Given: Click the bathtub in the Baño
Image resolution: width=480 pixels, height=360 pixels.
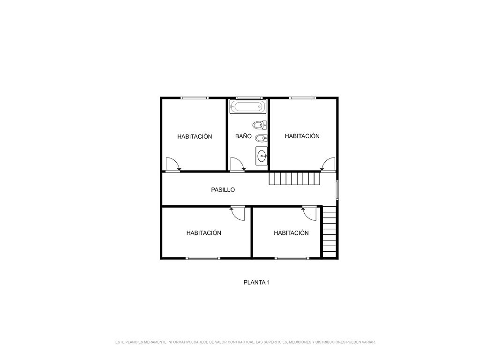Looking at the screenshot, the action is (248, 107).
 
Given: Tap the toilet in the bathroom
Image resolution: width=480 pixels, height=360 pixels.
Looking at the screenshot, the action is (260, 125).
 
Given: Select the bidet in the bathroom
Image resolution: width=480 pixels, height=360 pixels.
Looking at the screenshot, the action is (261, 138).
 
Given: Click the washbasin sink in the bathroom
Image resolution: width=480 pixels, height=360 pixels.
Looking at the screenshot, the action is (262, 156).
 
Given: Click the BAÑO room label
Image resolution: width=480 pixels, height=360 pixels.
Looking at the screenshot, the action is (243, 136).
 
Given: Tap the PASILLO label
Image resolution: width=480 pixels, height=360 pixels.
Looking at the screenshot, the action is (223, 190).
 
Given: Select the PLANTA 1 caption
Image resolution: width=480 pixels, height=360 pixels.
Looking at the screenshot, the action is (256, 283).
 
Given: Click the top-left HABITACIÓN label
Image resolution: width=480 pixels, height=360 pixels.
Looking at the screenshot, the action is (195, 136).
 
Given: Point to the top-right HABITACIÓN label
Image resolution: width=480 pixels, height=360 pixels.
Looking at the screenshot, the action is (302, 136).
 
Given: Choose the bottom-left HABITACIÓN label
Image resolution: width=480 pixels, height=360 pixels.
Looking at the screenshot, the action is (203, 233).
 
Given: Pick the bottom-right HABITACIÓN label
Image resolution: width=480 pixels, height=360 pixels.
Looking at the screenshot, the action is (291, 233).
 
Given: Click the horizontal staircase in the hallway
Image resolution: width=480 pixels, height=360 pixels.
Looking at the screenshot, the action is (294, 179).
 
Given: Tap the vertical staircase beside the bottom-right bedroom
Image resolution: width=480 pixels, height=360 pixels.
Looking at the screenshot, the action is (330, 232).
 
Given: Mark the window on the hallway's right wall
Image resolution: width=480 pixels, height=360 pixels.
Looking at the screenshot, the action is (337, 190).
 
